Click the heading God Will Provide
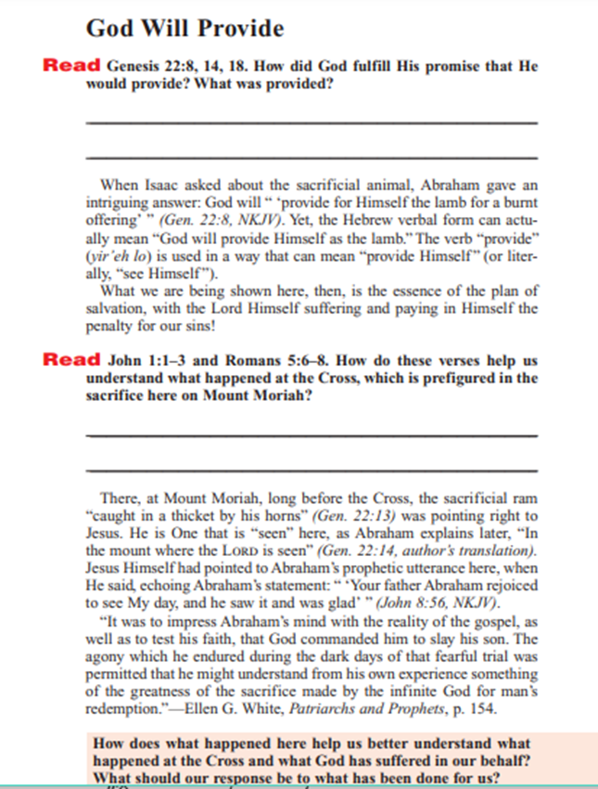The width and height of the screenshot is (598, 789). [x=184, y=29]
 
